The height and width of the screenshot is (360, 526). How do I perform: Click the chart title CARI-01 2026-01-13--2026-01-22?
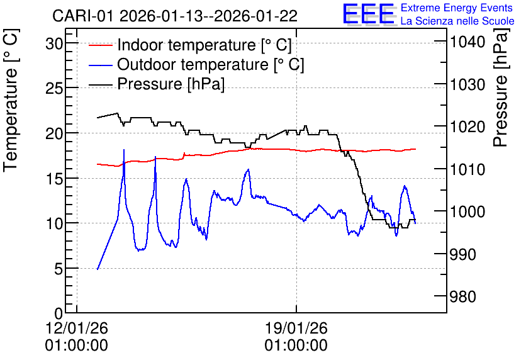175,16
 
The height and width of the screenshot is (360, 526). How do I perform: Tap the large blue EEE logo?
369,14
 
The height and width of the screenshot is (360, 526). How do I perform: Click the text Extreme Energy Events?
457,8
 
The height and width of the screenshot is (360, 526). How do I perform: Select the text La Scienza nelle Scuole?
457,21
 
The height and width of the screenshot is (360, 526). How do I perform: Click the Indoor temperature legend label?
204,45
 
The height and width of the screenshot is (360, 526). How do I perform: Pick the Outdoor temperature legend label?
211,64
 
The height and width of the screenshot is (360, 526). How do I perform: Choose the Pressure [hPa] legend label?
171,84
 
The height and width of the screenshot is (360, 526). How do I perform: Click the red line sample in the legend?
100,45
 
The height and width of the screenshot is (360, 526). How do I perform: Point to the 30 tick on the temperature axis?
54,43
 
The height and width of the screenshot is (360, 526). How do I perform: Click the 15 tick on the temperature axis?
54,179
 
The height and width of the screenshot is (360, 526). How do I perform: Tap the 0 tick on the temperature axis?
59,313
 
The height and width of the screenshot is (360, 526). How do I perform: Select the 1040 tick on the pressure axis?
467,42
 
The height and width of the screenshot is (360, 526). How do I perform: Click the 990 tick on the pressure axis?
462,255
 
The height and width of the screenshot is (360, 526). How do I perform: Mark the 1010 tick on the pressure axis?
467,169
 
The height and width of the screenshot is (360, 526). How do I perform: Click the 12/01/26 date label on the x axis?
77,328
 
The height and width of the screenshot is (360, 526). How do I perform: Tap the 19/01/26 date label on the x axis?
296,328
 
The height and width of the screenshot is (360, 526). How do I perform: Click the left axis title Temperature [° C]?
11,101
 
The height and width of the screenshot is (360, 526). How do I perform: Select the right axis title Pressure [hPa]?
500,87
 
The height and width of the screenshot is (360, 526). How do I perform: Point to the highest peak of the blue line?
124,150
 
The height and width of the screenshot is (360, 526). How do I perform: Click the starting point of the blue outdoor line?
98,269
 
